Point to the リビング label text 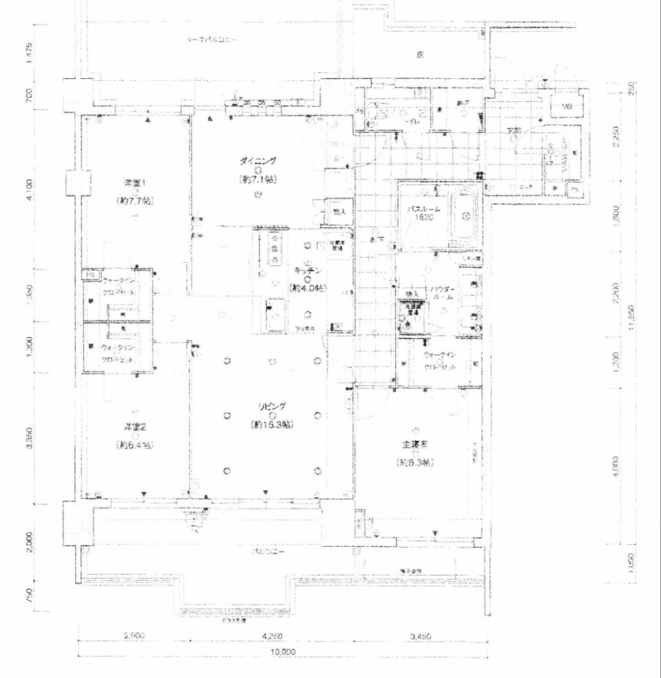pyautogui.click(x=272, y=407)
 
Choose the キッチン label pyautogui.click(x=305, y=271)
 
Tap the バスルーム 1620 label pyautogui.click(x=423, y=212)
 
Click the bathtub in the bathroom pyautogui.click(x=467, y=215)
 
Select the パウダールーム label pyautogui.click(x=442, y=293)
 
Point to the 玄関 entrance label pyautogui.click(x=515, y=130)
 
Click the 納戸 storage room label pyautogui.click(x=463, y=103)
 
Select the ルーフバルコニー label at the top pyautogui.click(x=212, y=40)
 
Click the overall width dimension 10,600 pyautogui.click(x=285, y=652)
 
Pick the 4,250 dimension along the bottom pyautogui.click(x=273, y=636)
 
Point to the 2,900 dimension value pyautogui.click(x=134, y=636)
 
